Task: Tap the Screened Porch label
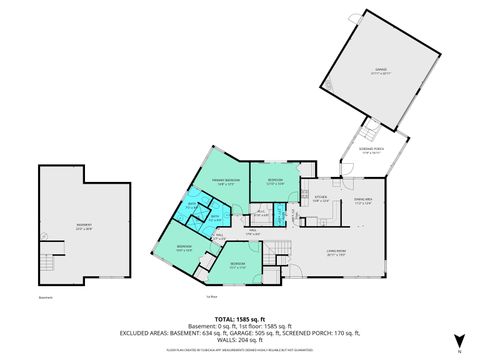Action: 372,151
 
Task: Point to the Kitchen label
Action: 320,198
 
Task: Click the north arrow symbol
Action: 458,340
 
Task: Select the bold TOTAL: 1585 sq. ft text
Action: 239,316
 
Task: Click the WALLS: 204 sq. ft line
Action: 239,340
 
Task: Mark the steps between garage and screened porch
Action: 370,128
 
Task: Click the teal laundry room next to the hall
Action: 281,212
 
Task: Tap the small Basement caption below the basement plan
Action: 45,297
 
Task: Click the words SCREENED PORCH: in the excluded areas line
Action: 322,332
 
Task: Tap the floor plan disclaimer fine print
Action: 240,350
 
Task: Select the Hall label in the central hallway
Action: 254,230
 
